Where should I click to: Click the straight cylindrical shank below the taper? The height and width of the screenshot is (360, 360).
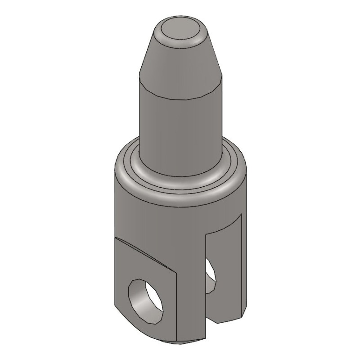pos(180,121)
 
